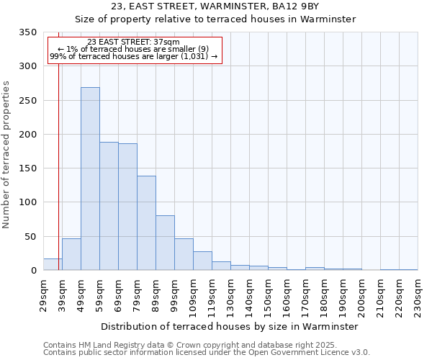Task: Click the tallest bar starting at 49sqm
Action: pos(90,179)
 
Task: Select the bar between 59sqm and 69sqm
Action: pos(109,206)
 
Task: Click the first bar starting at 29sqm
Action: pos(53,264)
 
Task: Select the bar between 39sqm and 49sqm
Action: pos(71,254)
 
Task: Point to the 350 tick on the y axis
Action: pos(27,32)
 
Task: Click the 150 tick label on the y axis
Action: pos(27,168)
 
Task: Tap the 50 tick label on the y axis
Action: pos(30,236)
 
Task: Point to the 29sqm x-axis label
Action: pos(43,294)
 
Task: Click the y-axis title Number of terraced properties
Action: pos(7,155)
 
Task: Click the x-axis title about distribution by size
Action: pos(230,326)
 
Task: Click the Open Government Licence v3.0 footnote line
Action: pos(207,353)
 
